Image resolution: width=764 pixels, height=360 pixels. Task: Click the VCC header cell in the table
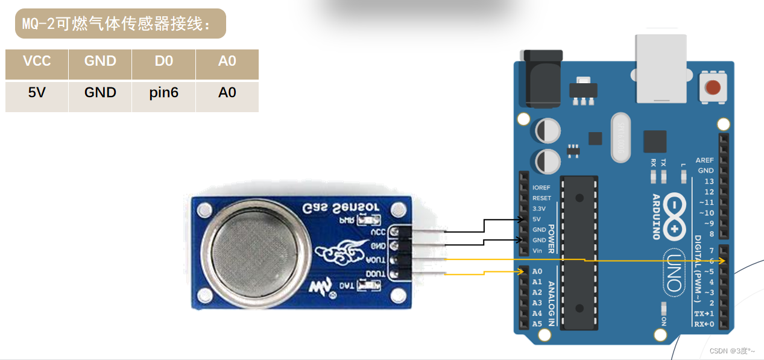point(37,61)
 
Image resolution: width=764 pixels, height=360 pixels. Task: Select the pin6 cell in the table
point(164,93)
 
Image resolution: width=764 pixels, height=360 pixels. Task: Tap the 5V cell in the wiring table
point(37,93)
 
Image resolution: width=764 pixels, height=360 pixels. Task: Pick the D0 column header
point(164,61)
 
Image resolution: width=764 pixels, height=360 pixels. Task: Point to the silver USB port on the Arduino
point(660,67)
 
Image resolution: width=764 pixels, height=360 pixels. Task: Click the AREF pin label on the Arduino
point(704,160)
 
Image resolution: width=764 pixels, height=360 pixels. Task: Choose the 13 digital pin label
point(709,182)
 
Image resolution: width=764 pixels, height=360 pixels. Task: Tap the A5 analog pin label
point(537,324)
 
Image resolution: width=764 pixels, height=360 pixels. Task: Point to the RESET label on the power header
point(541,198)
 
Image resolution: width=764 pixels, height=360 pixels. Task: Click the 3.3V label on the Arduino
point(538,208)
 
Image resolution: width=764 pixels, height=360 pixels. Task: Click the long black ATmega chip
point(579,253)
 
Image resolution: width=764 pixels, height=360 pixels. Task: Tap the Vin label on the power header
point(537,250)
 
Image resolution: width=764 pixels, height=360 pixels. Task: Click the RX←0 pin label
point(704,324)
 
